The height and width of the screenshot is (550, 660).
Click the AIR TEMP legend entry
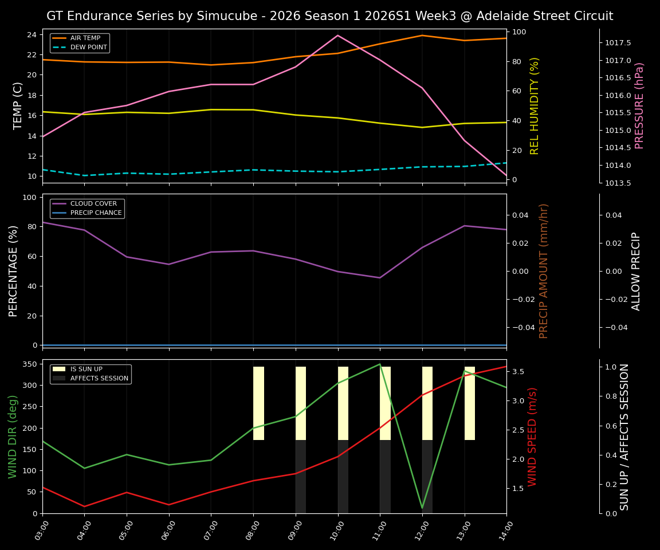pos(85,38)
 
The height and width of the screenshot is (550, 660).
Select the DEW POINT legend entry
pos(88,47)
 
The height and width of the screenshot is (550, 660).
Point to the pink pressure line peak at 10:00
pos(337,36)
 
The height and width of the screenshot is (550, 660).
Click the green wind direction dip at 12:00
pos(422,508)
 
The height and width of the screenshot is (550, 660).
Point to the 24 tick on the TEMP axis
pos(32,35)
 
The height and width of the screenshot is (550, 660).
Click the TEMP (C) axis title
pos(18,105)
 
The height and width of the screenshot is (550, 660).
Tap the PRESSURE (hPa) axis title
pos(640,105)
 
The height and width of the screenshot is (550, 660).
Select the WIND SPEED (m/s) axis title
pos(533,437)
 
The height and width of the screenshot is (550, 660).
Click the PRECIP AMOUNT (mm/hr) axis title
pos(544,271)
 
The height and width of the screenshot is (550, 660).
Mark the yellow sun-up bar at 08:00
pos(258,403)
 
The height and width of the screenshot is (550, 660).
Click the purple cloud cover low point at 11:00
pos(379,278)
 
